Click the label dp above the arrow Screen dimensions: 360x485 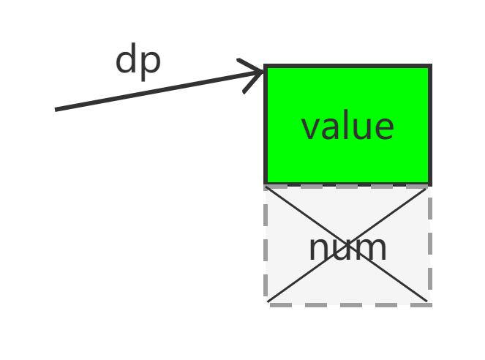pyautogui.click(x=138, y=61)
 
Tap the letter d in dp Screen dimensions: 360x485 pyautogui.click(x=126, y=60)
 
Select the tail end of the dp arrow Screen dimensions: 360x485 pyautogui.click(x=57, y=110)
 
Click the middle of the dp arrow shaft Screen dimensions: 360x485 pyautogui.click(x=158, y=90)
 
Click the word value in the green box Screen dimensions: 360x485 pyautogui.click(x=347, y=127)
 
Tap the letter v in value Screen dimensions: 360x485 pyautogui.click(x=310, y=130)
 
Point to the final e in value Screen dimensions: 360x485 pyautogui.click(x=385, y=130)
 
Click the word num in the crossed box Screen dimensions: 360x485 pyautogui.click(x=347, y=249)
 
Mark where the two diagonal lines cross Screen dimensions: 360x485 pyautogui.click(x=347, y=244)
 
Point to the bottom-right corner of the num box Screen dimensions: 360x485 pyautogui.click(x=429, y=304)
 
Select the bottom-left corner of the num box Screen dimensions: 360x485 pyautogui.click(x=266, y=304)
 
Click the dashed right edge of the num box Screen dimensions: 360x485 pyautogui.click(x=429, y=245)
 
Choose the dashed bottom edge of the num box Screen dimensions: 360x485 pyautogui.click(x=347, y=304)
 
